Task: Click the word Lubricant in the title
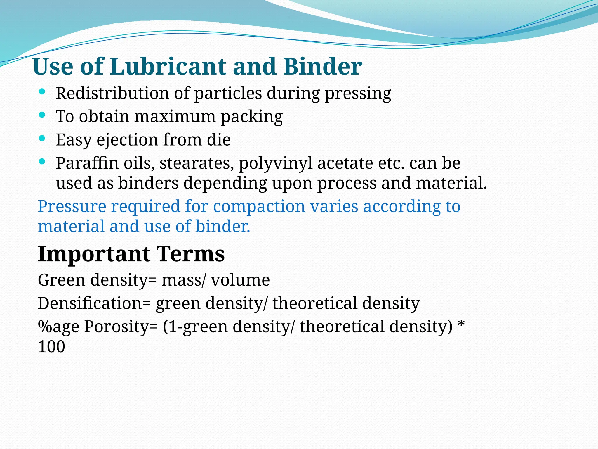(x=168, y=67)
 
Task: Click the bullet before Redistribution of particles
(x=42, y=92)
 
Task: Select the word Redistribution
(x=112, y=93)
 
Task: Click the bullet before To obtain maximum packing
(x=42, y=115)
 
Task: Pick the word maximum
(x=175, y=116)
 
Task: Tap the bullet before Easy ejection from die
(x=42, y=138)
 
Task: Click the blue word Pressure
(x=72, y=207)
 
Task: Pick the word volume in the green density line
(x=240, y=280)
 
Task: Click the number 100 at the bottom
(x=51, y=347)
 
